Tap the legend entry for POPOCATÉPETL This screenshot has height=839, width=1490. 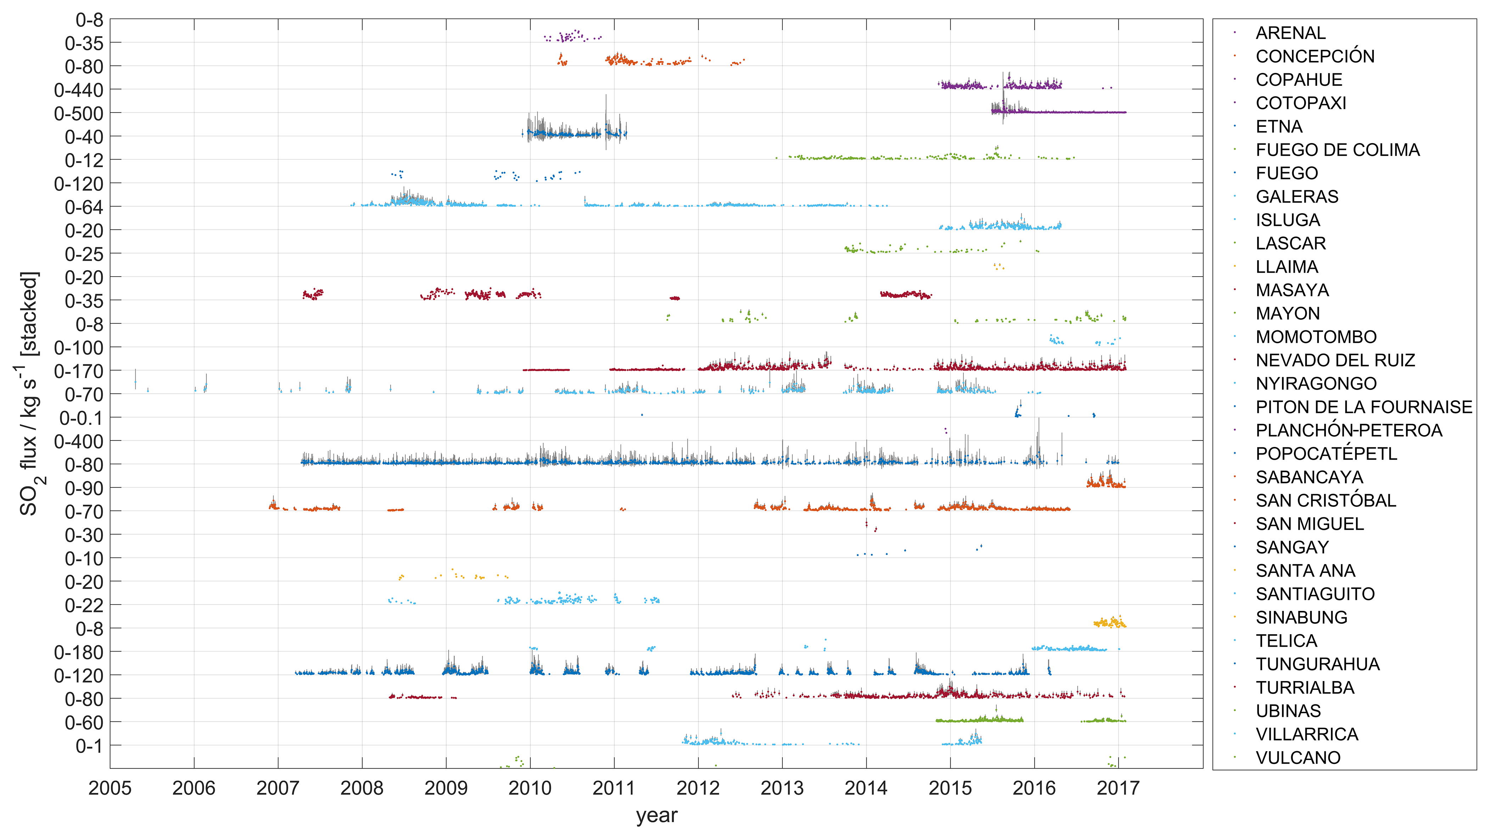click(1326, 454)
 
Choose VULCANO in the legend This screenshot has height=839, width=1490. click(1297, 758)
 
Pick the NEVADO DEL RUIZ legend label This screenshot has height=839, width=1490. click(1335, 360)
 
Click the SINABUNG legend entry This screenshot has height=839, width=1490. click(1301, 618)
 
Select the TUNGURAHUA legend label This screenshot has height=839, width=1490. click(1317, 664)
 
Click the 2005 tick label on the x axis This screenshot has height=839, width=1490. click(110, 788)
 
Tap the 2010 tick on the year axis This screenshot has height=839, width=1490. click(530, 788)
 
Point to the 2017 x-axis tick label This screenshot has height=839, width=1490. click(1118, 788)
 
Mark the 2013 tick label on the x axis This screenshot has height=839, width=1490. click(782, 788)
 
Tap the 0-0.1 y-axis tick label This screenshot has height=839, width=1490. click(81, 418)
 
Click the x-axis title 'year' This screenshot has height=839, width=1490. click(657, 815)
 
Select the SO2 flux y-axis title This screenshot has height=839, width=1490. click(29, 393)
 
